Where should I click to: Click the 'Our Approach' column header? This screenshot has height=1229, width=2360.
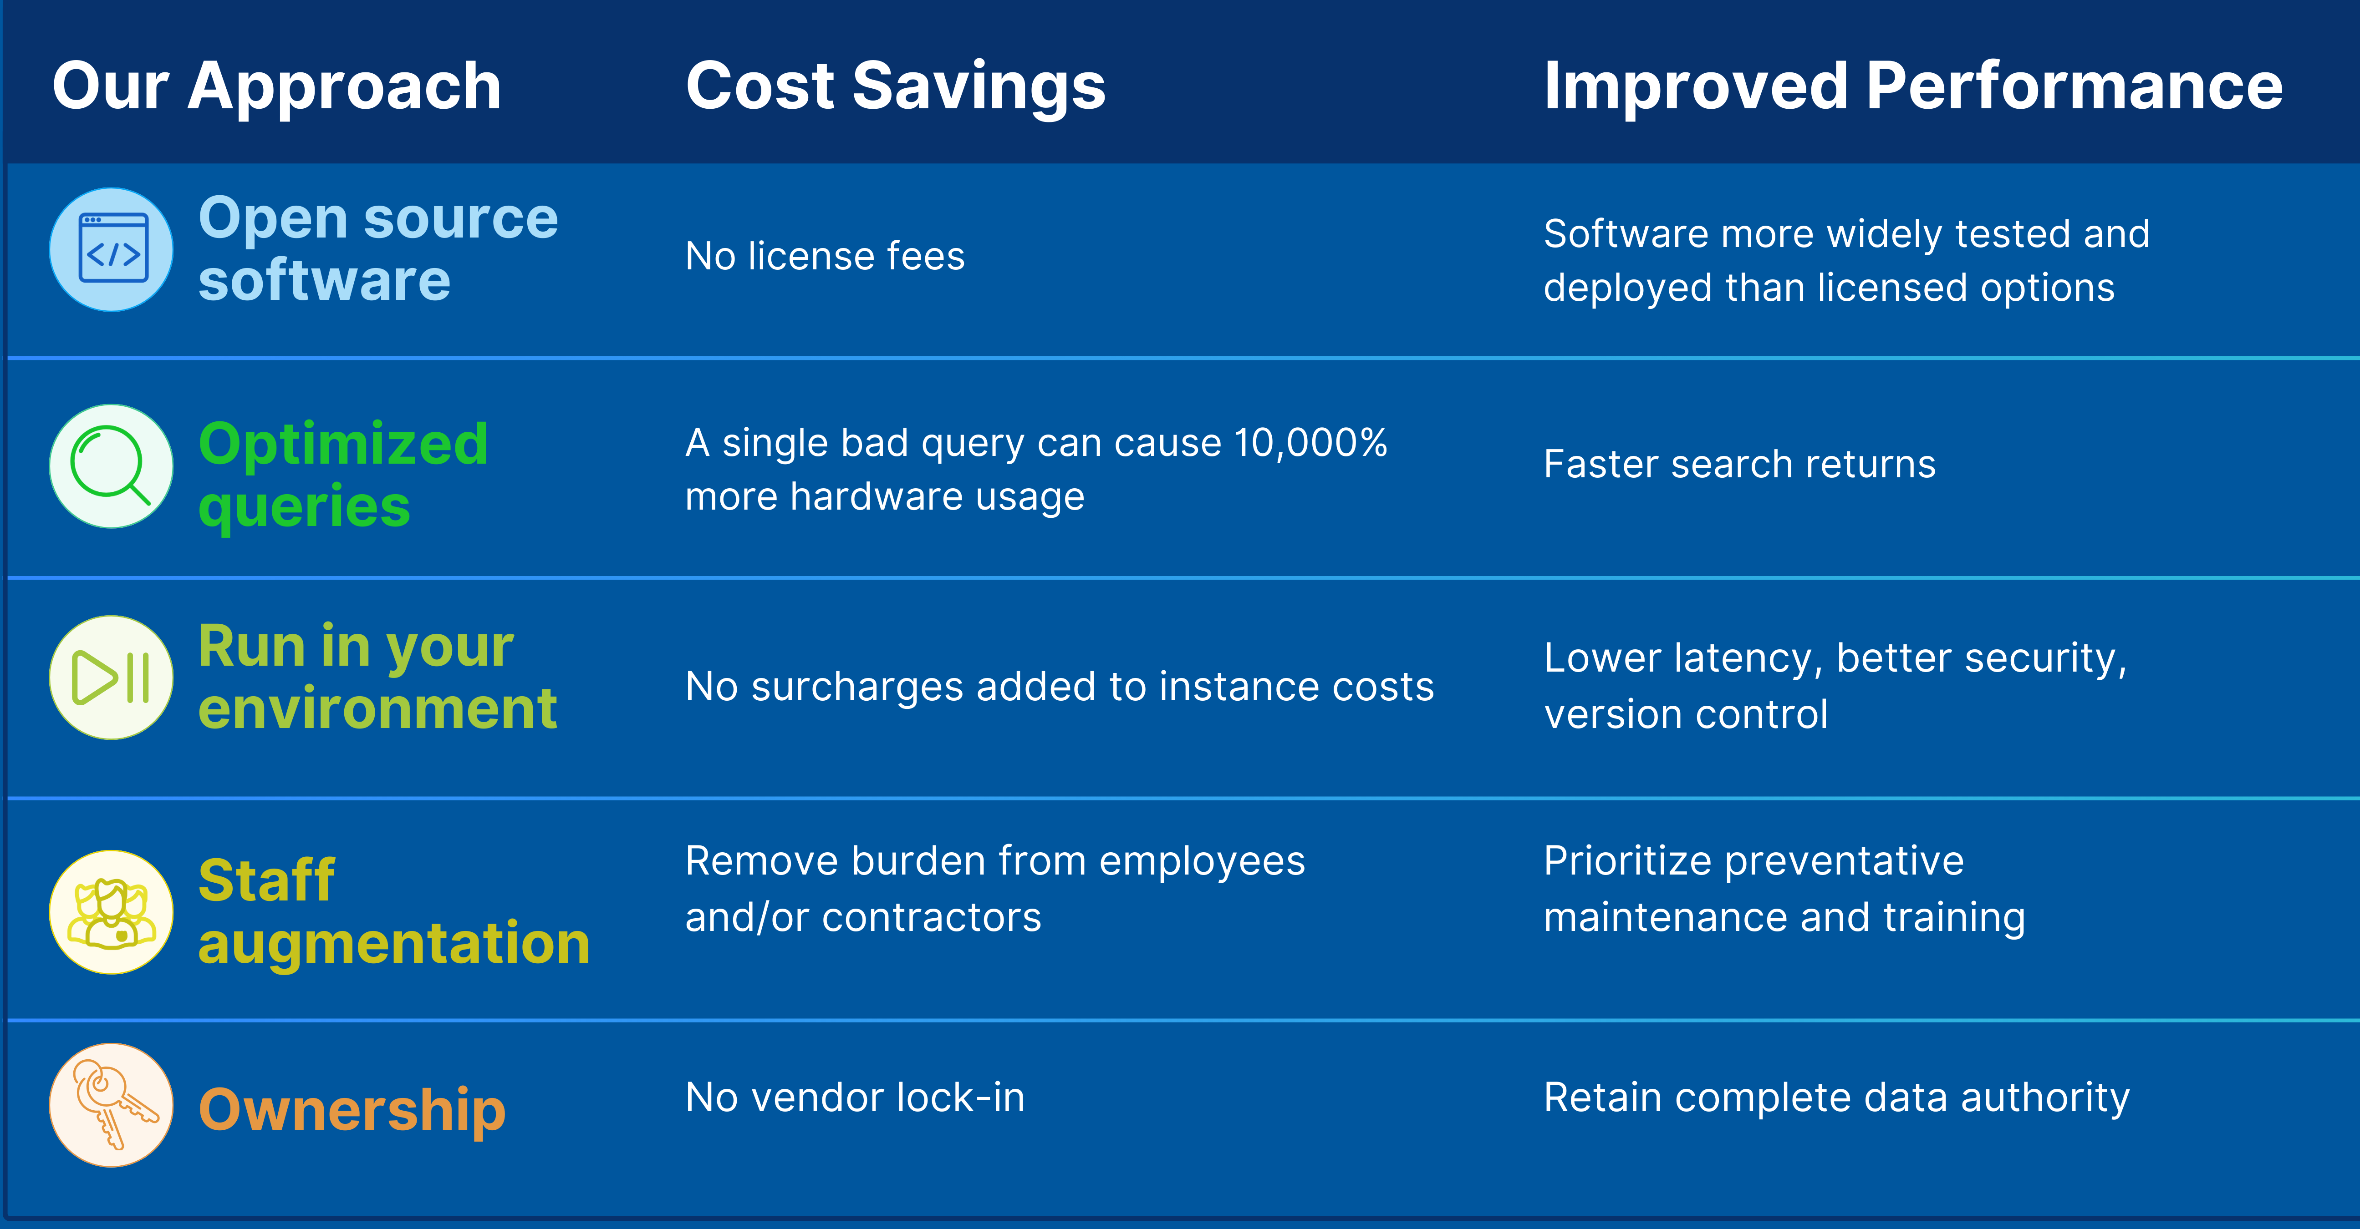pos(277,86)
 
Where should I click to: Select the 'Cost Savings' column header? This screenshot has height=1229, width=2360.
pos(896,86)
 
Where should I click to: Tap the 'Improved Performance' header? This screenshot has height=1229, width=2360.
pos(1913,86)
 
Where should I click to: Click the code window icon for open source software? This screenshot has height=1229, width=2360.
pos(111,249)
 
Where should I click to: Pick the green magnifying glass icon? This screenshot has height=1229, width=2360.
pos(111,466)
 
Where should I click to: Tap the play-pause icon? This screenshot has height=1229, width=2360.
pos(111,678)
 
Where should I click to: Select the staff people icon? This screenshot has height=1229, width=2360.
pos(111,912)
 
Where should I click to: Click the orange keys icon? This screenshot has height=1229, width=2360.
pos(111,1105)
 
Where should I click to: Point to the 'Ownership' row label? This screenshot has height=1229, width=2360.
pos(352,1110)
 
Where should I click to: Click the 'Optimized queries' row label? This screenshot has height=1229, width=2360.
pos(343,475)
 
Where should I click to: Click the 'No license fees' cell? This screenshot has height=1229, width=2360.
pos(825,257)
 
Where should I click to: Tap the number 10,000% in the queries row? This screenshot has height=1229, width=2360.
pos(1310,443)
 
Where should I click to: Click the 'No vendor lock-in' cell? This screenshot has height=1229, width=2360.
pos(855,1097)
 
